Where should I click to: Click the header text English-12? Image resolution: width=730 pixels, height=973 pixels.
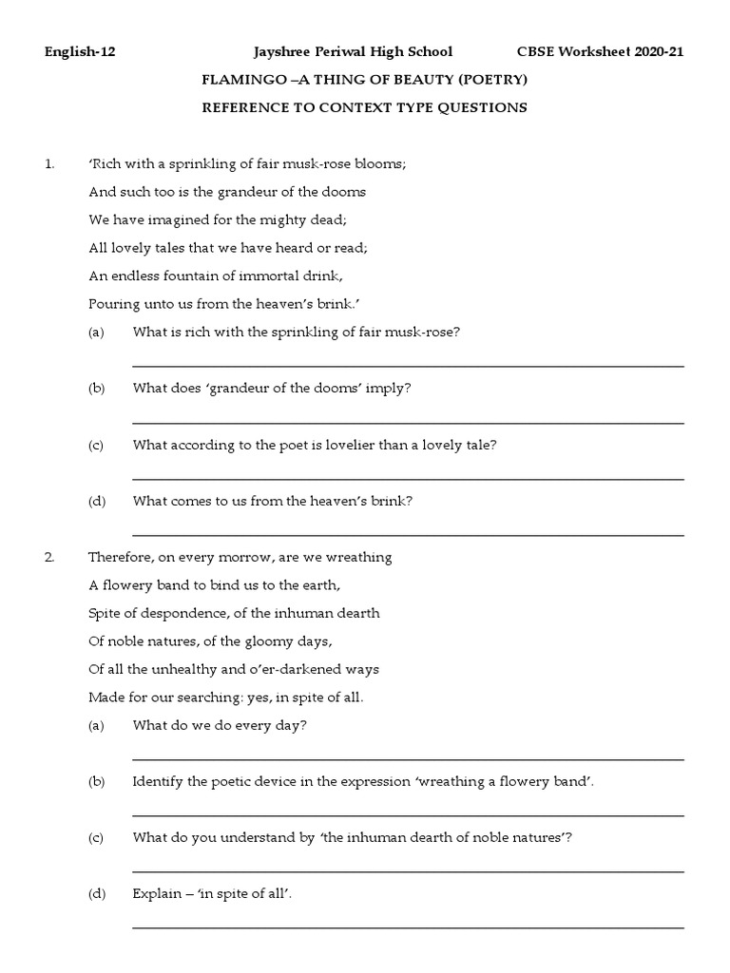(80, 52)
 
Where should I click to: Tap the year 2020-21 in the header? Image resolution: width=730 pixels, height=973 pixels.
(654, 52)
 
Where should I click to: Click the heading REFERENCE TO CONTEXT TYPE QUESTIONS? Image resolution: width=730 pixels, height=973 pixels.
(364, 107)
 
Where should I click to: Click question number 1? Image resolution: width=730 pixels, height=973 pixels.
(49, 164)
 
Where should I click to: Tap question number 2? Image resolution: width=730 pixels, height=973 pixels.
(50, 558)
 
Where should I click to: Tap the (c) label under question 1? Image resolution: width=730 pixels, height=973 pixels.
(95, 445)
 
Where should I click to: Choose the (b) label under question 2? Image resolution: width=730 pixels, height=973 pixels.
(95, 781)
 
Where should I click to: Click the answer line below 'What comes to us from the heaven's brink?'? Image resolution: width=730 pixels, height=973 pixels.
(408, 535)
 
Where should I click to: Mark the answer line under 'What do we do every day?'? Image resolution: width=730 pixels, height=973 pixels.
(408, 759)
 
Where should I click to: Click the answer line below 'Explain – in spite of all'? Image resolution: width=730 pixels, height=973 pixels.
(408, 927)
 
